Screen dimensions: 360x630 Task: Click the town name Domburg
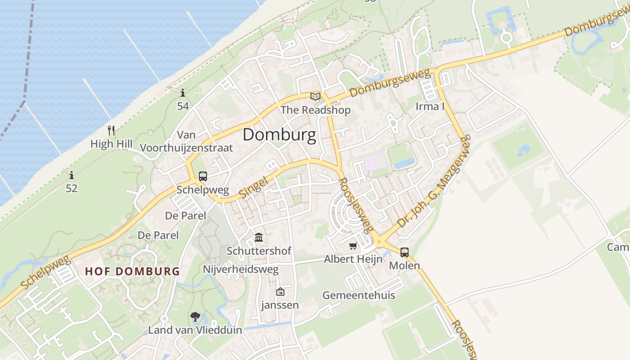point(279,135)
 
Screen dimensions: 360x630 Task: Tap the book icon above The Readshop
point(315,96)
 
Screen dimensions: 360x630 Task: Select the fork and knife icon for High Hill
point(112,130)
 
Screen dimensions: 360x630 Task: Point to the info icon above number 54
point(183,93)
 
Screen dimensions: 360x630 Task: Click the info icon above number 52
point(72,175)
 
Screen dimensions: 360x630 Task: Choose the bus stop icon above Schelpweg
point(203,176)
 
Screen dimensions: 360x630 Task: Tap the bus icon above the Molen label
point(405,252)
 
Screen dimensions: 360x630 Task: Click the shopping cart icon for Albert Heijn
point(353,246)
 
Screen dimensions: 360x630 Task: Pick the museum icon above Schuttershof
point(259,237)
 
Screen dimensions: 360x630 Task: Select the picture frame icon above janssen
point(280,292)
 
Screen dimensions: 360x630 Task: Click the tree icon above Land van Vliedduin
point(195,317)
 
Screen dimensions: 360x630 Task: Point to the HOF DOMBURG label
point(132,271)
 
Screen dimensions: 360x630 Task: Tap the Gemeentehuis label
point(359,295)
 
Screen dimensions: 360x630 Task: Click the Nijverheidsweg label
point(241,270)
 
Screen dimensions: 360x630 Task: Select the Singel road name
point(253,186)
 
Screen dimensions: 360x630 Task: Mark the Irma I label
point(430,107)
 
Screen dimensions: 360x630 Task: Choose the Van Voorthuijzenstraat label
point(186,141)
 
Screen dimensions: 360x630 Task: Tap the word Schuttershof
point(259,251)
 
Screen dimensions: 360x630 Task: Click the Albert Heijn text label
point(353,259)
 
